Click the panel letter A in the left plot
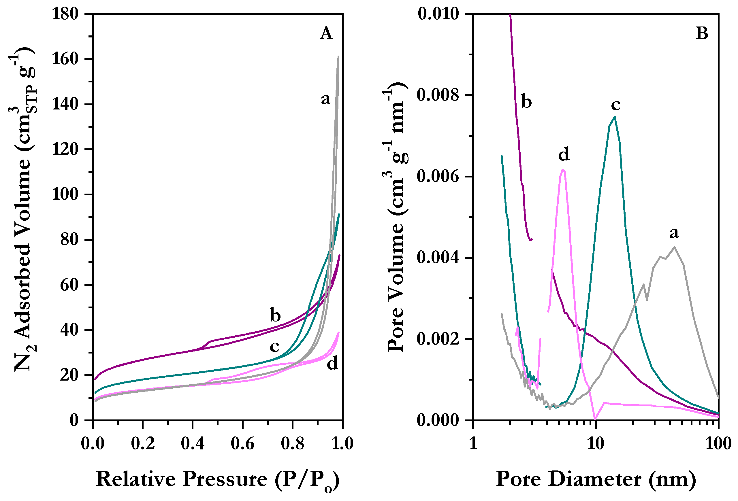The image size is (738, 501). (326, 33)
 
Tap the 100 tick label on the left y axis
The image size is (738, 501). (65, 194)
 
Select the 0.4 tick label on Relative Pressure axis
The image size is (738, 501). (193, 443)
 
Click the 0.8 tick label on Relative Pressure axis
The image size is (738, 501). (293, 443)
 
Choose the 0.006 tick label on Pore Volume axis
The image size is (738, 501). (438, 176)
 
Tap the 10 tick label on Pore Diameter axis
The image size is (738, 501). (595, 443)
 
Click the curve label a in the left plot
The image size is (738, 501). (325, 99)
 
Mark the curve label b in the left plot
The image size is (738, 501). (275, 315)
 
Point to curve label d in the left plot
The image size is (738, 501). (332, 363)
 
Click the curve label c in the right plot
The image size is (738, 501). (616, 105)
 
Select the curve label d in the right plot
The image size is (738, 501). (564, 154)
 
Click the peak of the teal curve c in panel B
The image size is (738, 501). (615, 117)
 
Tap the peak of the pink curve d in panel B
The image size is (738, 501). (562, 169)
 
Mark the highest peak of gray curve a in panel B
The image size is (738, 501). (675, 247)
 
